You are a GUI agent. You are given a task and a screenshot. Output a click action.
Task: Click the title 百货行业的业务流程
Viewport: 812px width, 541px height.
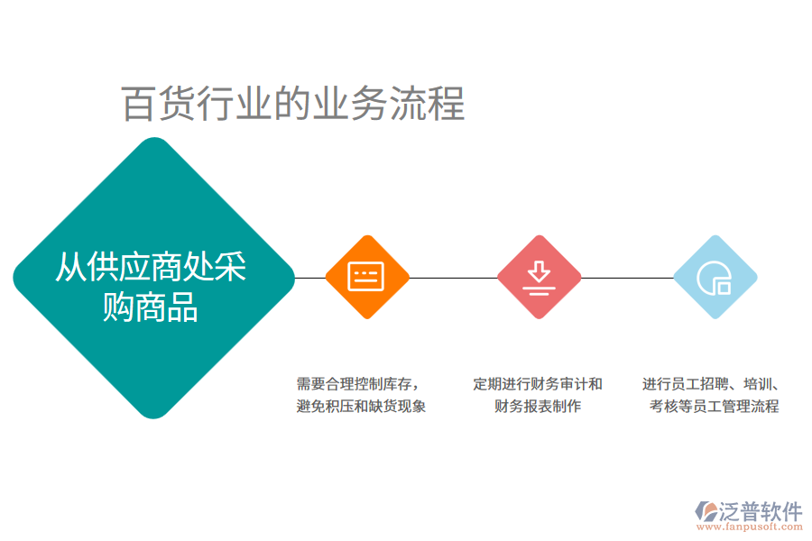pyautogui.click(x=293, y=105)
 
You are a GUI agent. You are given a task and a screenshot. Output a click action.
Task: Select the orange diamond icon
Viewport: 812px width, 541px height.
pyautogui.click(x=366, y=277)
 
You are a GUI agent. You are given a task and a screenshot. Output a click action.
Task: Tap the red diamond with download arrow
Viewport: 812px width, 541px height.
pyautogui.click(x=539, y=277)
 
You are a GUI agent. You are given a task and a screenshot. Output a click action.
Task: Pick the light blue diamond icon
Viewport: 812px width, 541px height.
pyautogui.click(x=715, y=277)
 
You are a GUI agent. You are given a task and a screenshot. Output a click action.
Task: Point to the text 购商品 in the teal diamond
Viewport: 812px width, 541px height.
pyautogui.click(x=152, y=307)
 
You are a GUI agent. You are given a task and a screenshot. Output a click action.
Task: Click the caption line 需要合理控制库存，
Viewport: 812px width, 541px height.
pyautogui.click(x=357, y=383)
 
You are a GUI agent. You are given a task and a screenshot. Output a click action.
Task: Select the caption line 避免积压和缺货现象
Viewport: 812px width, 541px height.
pyautogui.click(x=361, y=406)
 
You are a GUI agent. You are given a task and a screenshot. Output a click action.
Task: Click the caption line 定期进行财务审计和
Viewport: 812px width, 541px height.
pyautogui.click(x=538, y=383)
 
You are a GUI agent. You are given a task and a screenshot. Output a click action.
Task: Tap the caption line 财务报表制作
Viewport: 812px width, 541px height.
pyautogui.click(x=538, y=406)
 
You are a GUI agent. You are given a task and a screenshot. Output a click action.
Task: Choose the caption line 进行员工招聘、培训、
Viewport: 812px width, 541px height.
pyautogui.click(x=713, y=383)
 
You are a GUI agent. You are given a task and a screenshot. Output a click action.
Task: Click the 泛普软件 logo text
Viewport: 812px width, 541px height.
pyautogui.click(x=760, y=511)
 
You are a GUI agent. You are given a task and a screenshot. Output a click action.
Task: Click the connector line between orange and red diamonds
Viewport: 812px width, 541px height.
pyautogui.click(x=453, y=278)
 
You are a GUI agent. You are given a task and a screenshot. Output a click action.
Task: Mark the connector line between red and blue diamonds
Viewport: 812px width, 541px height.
pyautogui.click(x=627, y=278)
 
